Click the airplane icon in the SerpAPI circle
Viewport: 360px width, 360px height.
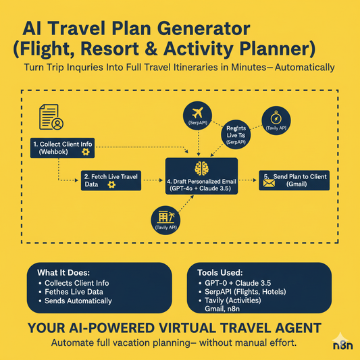click(198, 111)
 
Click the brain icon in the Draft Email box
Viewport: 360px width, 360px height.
click(201, 169)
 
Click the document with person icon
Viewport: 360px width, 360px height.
click(52, 116)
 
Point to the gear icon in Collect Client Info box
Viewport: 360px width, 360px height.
click(85, 153)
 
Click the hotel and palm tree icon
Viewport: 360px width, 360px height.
click(165, 217)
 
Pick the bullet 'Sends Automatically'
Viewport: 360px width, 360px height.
click(79, 301)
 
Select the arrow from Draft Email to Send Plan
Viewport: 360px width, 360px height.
click(248, 180)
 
